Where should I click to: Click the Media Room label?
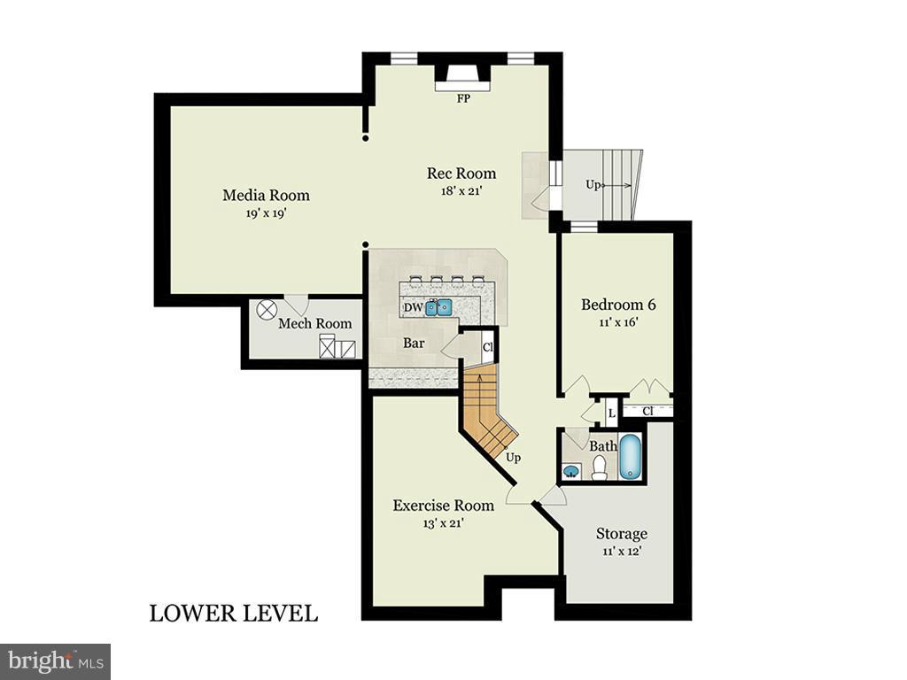tap(266, 195)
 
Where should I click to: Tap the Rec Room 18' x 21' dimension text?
tap(461, 190)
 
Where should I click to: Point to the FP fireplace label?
tap(462, 98)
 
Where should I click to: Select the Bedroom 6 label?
tap(618, 305)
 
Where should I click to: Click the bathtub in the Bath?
tap(630, 457)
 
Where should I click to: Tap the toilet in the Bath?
tap(600, 467)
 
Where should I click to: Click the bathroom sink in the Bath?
tap(571, 470)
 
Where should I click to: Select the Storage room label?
tap(621, 534)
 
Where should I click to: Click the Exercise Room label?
tap(443, 506)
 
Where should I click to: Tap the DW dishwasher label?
tap(413, 308)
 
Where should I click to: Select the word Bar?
tap(414, 342)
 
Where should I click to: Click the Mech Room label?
tap(314, 324)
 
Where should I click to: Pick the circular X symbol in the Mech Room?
tap(266, 312)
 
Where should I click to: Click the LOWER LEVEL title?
tap(233, 613)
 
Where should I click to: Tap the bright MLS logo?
tap(55, 661)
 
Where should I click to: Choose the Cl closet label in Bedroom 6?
tap(647, 411)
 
